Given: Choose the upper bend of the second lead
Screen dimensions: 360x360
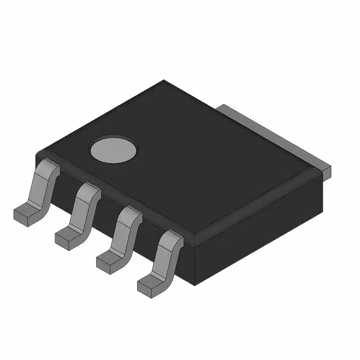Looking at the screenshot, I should tap(89, 191).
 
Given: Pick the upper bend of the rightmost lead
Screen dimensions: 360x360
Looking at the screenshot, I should tap(172, 239).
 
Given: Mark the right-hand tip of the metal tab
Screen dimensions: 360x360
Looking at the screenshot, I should tap(328, 169).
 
